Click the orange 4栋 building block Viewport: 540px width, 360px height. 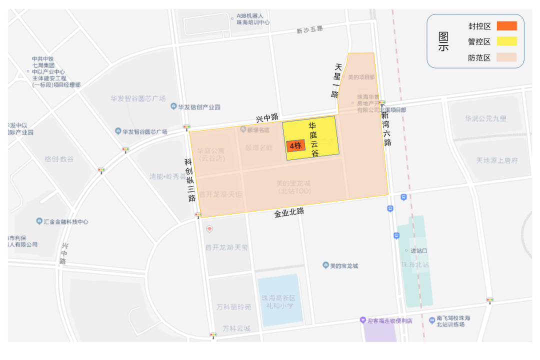coord(295,145)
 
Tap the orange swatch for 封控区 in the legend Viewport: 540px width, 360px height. coord(506,25)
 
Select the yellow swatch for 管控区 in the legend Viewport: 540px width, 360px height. coord(506,41)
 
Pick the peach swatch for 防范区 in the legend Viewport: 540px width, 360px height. coord(506,57)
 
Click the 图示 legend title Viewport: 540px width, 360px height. coord(443,41)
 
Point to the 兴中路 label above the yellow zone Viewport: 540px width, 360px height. coord(267,118)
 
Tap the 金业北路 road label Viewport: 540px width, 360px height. coord(289,212)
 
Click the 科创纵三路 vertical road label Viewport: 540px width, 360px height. coord(189,180)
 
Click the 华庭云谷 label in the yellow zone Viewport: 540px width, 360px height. coord(313,139)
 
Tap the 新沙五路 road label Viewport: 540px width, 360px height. coord(309,30)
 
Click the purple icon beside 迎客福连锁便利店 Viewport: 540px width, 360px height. coord(363,320)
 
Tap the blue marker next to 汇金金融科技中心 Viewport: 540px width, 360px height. coord(39,221)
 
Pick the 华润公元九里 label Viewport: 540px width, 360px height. coord(485,118)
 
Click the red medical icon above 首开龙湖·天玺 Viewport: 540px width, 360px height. coord(209,229)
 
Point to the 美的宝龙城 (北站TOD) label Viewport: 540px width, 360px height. coord(294,187)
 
